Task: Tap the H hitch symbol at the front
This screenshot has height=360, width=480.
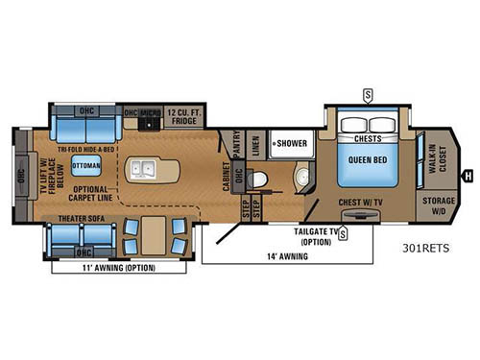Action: point(468,175)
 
